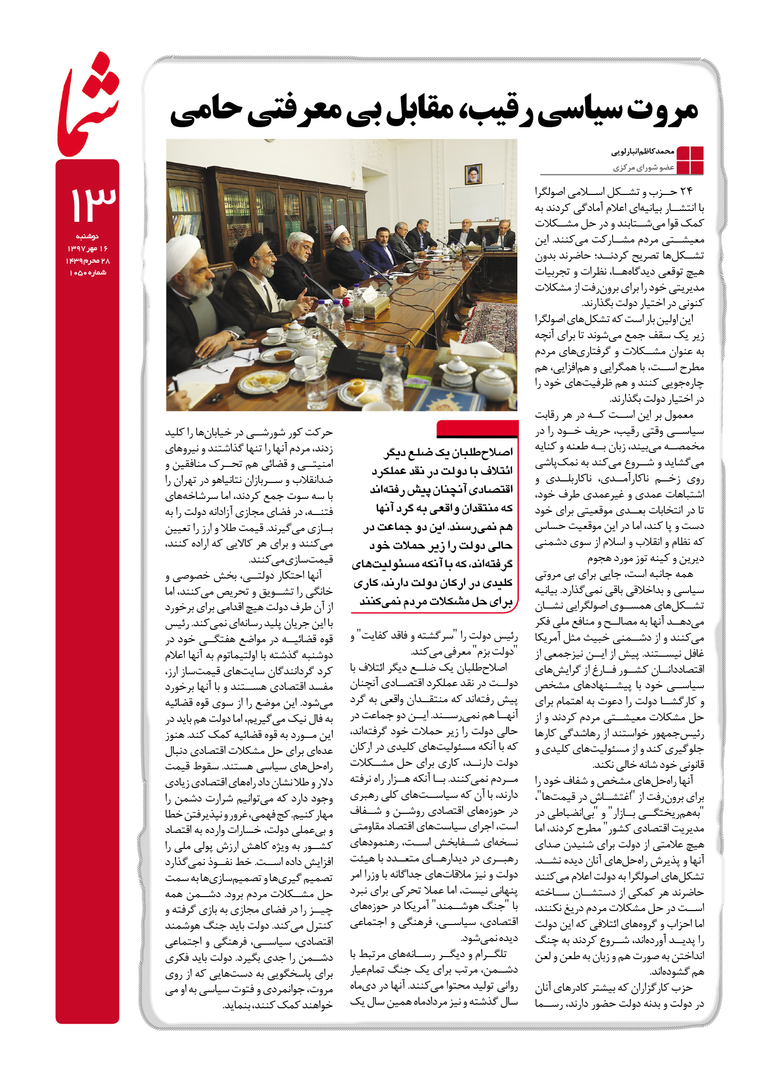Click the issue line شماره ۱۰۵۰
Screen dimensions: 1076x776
pos(87,272)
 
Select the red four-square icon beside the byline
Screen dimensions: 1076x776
pos(690,160)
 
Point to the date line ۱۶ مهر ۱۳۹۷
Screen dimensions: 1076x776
pos(87,248)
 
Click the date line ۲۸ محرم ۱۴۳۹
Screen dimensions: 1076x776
pos(87,261)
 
